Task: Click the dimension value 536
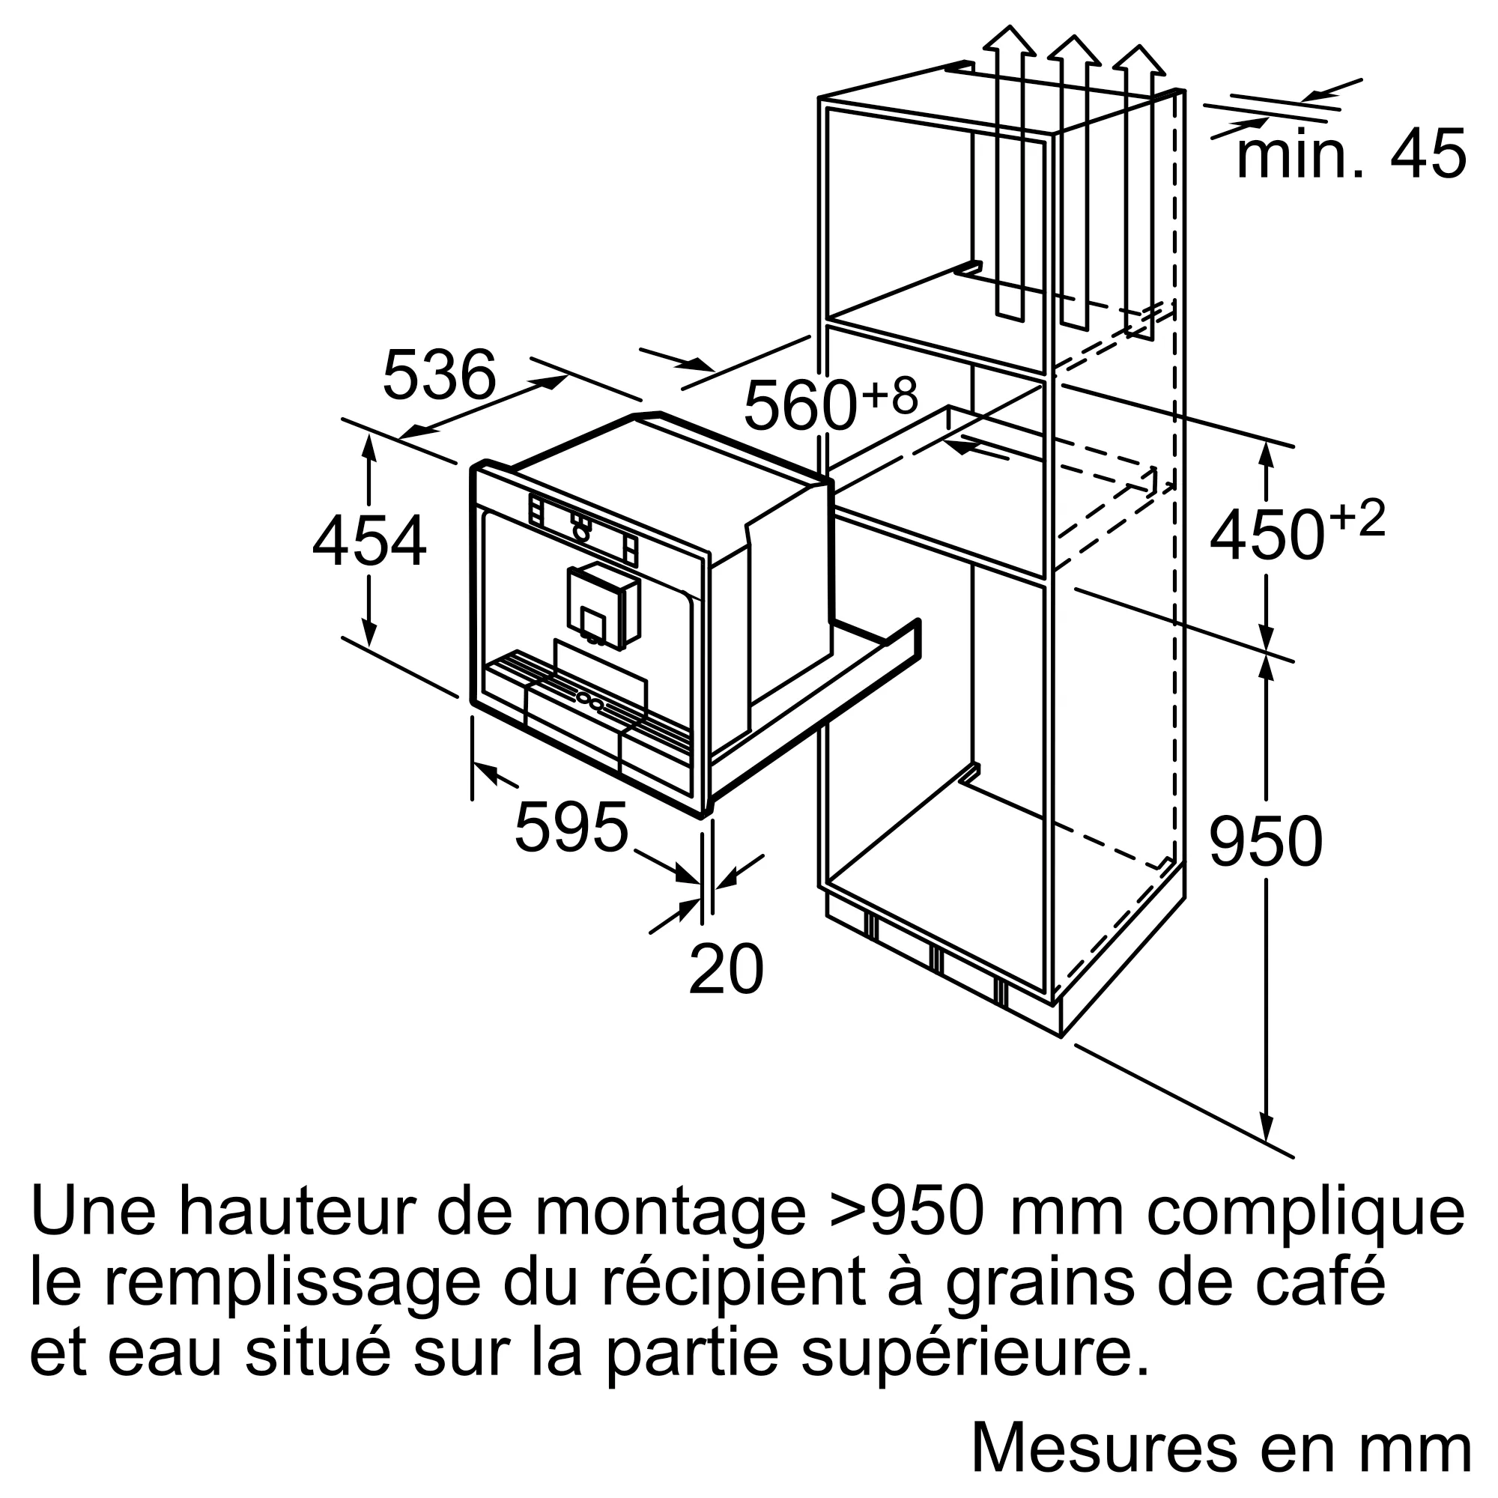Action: click(439, 374)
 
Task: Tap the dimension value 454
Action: click(369, 541)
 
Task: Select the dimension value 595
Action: click(571, 828)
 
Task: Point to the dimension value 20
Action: click(726, 969)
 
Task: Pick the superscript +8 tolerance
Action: click(889, 395)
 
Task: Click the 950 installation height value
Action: click(1265, 842)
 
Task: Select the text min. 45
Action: click(1350, 155)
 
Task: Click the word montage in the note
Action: click(670, 1235)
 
